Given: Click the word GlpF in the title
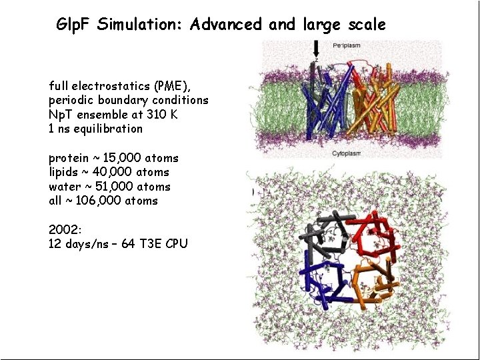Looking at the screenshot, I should point(74,25).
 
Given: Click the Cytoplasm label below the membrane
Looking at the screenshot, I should point(346,153).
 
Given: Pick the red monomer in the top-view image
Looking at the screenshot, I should point(377,233).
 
